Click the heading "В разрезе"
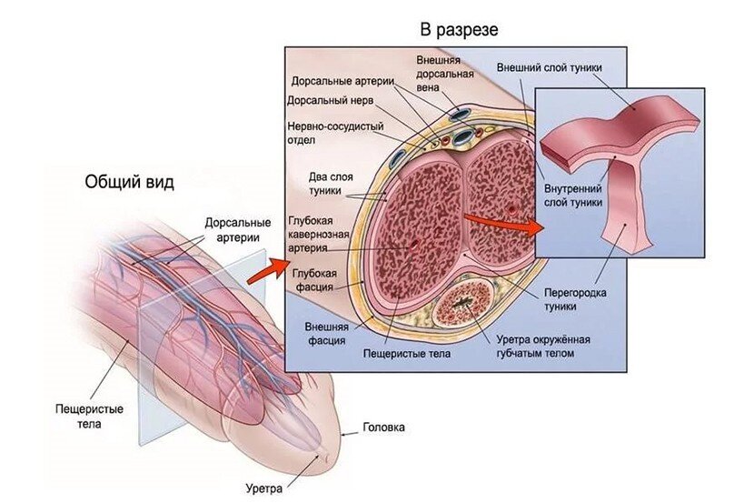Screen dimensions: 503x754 pyautogui.click(x=458, y=30)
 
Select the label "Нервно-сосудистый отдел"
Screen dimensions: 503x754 pyautogui.click(x=335, y=134)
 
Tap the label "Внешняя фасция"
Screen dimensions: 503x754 pyautogui.click(x=324, y=334)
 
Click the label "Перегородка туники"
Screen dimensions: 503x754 pyautogui.click(x=574, y=301)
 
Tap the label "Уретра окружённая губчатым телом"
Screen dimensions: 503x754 pyautogui.click(x=543, y=347)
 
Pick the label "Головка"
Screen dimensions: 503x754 pyautogui.click(x=383, y=427)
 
